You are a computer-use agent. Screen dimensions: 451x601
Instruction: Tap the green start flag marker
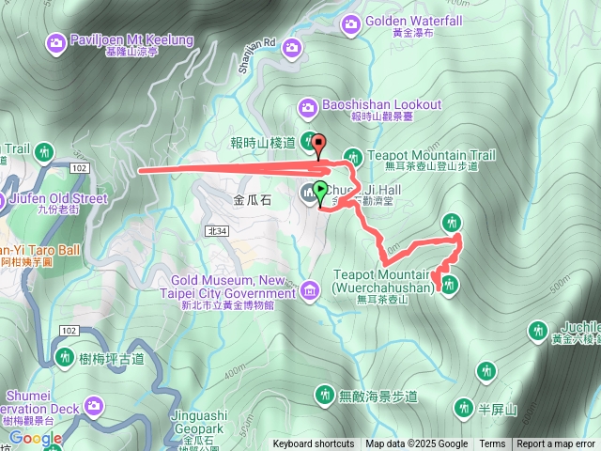coord(320,194)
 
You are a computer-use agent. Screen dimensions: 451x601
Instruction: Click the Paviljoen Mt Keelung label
coord(123,40)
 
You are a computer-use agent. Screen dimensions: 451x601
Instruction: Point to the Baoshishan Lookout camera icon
coord(307,105)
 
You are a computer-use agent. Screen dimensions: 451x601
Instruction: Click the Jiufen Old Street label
coord(62,198)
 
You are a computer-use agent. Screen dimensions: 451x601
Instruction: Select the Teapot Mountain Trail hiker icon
coord(353,155)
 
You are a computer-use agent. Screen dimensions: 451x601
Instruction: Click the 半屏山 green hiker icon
coord(463,407)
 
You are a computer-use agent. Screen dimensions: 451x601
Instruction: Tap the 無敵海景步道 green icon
coord(325,392)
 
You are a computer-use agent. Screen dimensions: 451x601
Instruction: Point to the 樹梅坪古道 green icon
coord(64,356)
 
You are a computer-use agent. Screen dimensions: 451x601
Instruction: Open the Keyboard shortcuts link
coord(314,444)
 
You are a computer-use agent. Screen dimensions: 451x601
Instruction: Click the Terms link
coord(492,444)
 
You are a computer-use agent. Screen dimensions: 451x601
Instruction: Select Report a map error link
coord(556,444)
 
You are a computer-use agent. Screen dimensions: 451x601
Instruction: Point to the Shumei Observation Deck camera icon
coord(93,405)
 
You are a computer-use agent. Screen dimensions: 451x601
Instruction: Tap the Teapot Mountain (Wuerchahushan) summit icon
coord(449,287)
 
